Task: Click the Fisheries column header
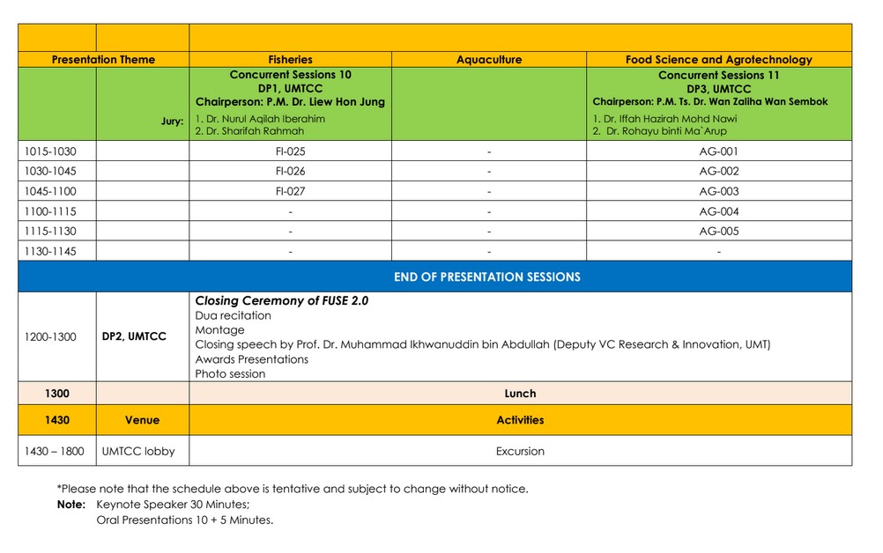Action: [x=290, y=60]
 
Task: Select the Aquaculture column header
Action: [x=488, y=60]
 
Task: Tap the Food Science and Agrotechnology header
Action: [x=718, y=60]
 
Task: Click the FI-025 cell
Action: [x=290, y=151]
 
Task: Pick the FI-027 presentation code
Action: [x=290, y=191]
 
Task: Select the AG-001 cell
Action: [x=718, y=151]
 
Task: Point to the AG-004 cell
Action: [x=718, y=211]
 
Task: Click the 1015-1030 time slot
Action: [x=50, y=151]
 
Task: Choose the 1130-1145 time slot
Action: [x=50, y=252]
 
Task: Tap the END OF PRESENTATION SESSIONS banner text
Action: [x=486, y=276]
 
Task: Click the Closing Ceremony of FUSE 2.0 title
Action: [x=281, y=300]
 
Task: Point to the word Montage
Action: [x=219, y=329]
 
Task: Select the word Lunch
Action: [x=520, y=394]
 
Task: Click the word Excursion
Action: [x=520, y=451]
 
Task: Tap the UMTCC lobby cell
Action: [x=138, y=451]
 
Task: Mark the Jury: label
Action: [x=172, y=122]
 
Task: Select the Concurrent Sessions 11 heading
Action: [x=718, y=76]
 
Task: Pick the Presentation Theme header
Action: [x=103, y=60]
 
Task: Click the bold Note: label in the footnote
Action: [x=71, y=505]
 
